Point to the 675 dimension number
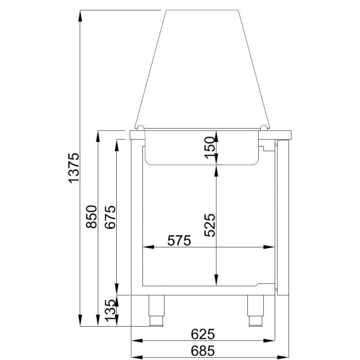[110, 218]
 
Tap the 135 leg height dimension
[110, 311]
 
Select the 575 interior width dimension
[178, 240]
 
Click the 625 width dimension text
[203, 334]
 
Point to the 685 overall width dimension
[203, 351]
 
